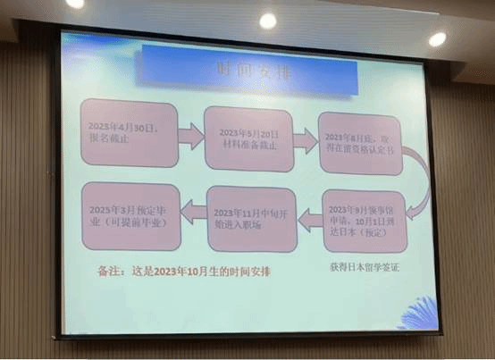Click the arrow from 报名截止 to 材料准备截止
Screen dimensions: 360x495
[189, 136]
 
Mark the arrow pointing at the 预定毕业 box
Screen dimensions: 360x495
[191, 211]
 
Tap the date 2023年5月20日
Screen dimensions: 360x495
[247, 132]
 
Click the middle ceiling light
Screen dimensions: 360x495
[266, 20]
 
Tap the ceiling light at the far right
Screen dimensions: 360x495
[437, 38]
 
